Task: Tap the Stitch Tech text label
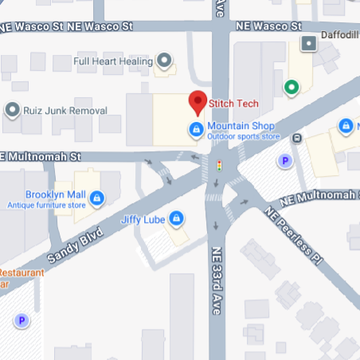point(232,103)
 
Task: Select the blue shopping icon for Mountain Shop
point(195,128)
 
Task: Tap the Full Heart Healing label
point(113,61)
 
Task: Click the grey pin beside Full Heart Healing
point(165,61)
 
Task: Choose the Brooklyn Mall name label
point(54,195)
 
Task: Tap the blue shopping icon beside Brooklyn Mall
point(96,197)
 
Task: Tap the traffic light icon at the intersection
point(219,165)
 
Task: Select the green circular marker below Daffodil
point(292,86)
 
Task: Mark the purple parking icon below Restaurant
point(22,320)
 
